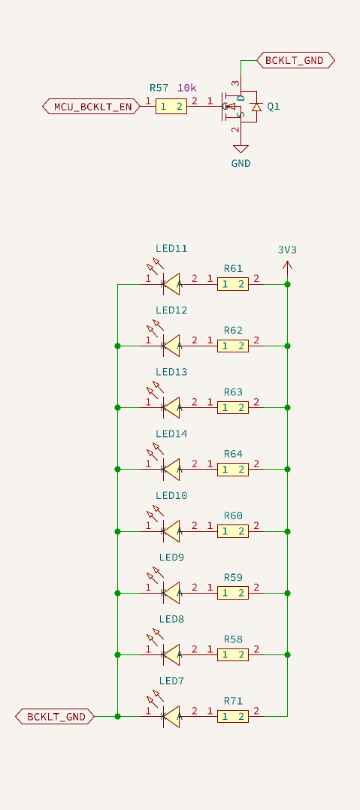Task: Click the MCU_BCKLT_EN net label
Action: pos(92,107)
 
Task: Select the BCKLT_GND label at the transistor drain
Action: pos(295,60)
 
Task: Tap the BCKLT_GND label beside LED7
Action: pos(55,717)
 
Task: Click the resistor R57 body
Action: pos(171,107)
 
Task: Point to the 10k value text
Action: pos(187,88)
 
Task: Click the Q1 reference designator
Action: pos(274,107)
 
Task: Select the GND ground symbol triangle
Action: pos(241,149)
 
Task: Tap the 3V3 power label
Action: pos(287,250)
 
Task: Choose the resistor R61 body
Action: pos(233,284)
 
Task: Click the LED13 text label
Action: pos(171,372)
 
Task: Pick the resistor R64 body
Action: pos(233,469)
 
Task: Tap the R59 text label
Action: pos(233,577)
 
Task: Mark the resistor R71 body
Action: pos(233,717)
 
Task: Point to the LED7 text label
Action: pos(171,681)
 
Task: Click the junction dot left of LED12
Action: pos(117,346)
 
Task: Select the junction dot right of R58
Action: pos(287,654)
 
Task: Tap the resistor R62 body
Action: pos(233,346)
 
